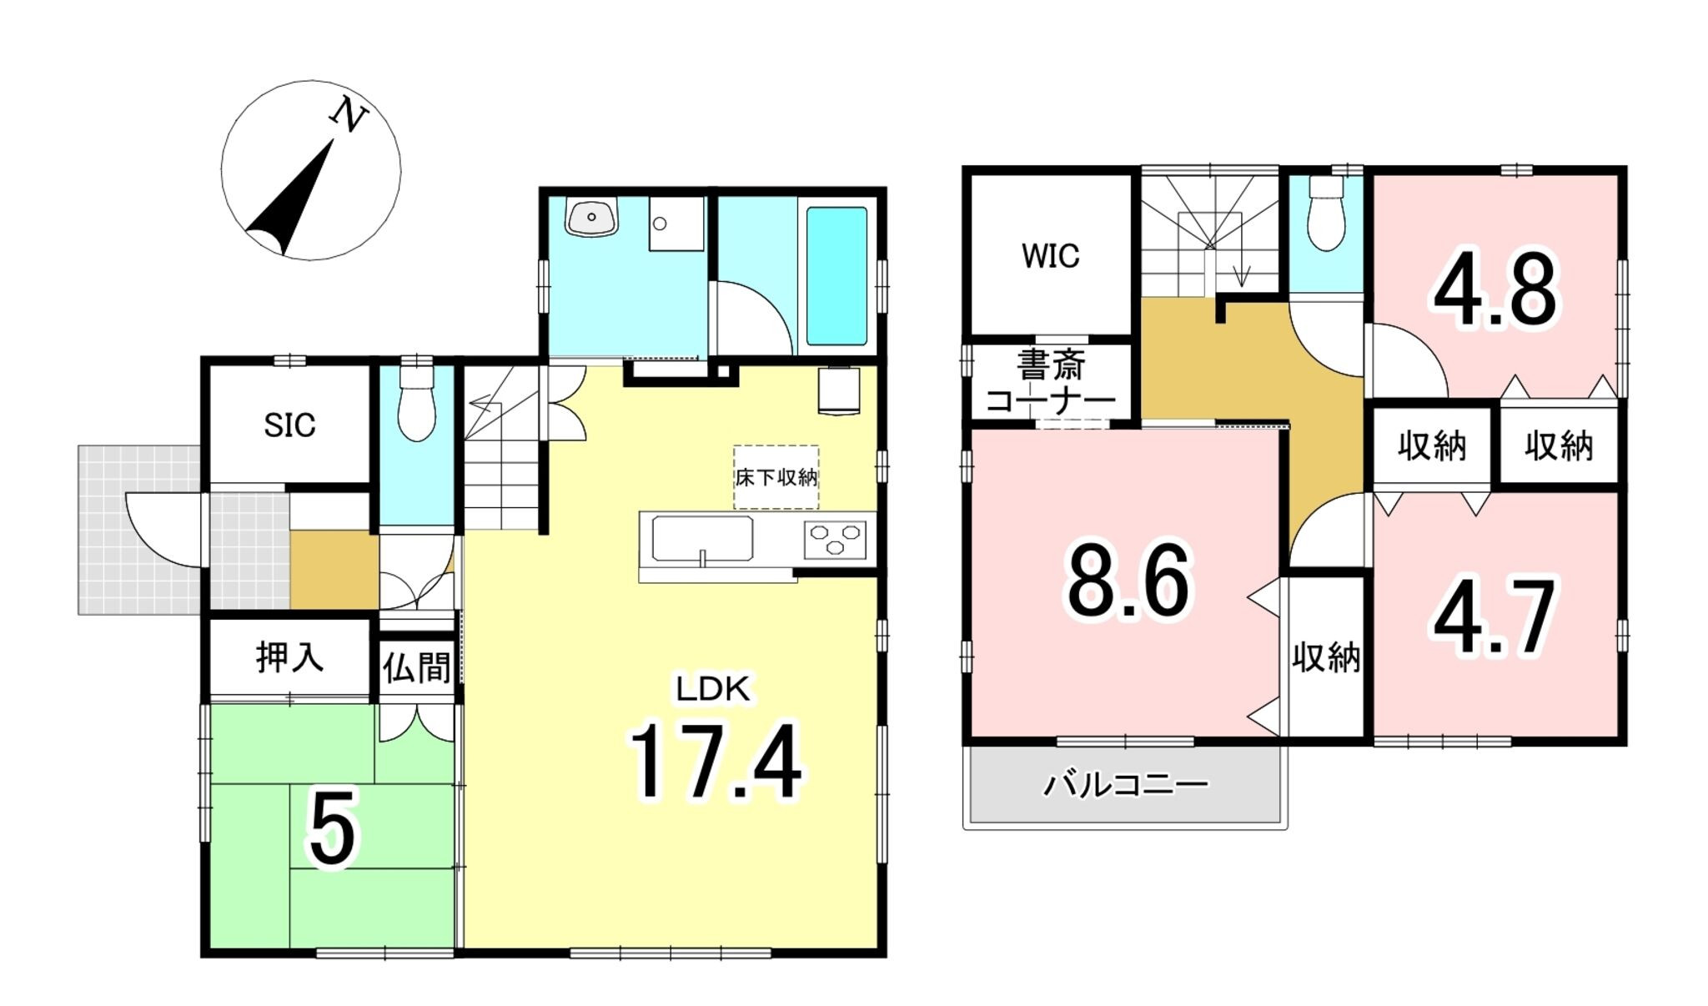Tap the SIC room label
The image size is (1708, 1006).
point(289,425)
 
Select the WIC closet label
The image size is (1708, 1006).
point(1050,255)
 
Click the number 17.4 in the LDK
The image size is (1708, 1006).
point(715,761)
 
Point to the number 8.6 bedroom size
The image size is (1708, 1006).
point(1129,581)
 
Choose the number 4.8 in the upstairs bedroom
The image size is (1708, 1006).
point(1494,290)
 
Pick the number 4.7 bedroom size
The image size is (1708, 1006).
point(1494,617)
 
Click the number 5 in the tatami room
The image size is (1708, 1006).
point(332,827)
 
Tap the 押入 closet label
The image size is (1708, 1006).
point(289,657)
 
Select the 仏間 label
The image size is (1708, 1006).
point(417,667)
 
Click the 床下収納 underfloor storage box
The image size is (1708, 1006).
point(776,476)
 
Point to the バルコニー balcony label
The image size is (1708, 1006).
point(1125,784)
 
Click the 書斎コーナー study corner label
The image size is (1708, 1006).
point(1050,383)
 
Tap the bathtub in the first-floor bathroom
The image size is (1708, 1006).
point(836,276)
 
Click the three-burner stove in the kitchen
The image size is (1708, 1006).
point(835,539)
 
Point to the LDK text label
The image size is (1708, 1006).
point(713,690)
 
